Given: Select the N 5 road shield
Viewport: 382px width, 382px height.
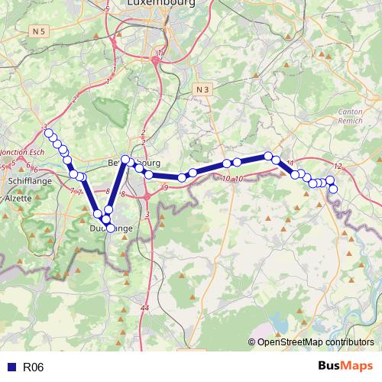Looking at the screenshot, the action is coord(40,31).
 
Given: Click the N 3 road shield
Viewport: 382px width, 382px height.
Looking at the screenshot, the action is coord(202,89).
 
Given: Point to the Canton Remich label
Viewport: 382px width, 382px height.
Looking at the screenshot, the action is coord(349,116).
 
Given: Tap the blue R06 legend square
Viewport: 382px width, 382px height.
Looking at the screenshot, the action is coord(11,367).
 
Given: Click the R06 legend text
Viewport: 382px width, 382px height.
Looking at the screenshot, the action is coord(34,367).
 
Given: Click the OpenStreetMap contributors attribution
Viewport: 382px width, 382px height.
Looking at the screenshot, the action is coord(314,343).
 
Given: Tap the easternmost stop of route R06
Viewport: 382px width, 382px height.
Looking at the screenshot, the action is coord(333,189).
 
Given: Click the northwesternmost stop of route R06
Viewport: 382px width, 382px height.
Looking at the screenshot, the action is coord(49,134).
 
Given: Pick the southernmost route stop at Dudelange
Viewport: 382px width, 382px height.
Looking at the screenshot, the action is coord(111,228).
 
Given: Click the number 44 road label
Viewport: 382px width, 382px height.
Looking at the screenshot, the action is coord(145,307).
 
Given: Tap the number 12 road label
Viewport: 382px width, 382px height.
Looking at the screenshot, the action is coord(338,166).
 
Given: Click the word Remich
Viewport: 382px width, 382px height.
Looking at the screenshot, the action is coord(349,121).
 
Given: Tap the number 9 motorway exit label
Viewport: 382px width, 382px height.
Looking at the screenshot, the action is coord(165,187).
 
